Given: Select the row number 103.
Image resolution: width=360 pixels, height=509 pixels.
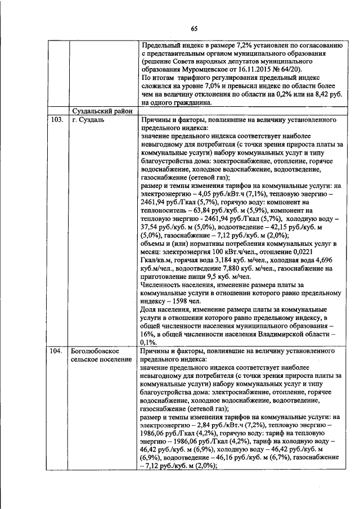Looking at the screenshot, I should point(55,121).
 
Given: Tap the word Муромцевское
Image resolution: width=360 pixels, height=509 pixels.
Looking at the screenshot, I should point(191,75).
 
